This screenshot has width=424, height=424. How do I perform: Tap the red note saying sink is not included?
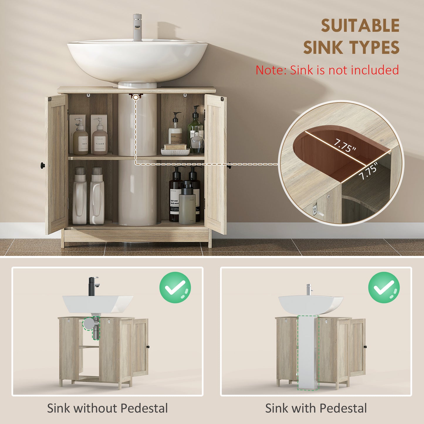(327, 70)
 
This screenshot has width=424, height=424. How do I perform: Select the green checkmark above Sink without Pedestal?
(175, 288)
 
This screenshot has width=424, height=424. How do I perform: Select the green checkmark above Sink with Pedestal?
(384, 288)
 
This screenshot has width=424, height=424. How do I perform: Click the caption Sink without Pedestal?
(107, 408)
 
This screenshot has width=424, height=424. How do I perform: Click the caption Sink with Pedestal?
(316, 408)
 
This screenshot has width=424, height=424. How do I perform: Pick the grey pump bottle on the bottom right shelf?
(187, 203)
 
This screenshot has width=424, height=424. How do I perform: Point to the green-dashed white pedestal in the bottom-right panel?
(308, 352)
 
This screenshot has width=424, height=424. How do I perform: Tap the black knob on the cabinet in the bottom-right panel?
(366, 347)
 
